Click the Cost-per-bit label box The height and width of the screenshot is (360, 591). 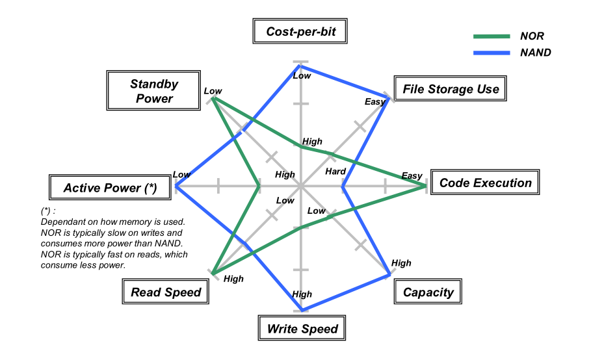coord(301,31)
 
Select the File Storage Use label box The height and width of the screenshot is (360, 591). coord(451,89)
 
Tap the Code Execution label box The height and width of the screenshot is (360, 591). coord(485,183)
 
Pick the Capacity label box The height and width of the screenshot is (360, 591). coord(428,292)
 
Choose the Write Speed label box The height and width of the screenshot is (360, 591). coord(302,328)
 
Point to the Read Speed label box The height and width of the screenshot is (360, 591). coord(166,292)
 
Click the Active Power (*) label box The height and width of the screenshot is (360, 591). coord(110,188)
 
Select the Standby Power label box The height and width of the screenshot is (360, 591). coord(154,91)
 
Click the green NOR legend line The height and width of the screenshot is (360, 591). coord(491,36)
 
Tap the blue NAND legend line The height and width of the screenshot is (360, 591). coord(491,53)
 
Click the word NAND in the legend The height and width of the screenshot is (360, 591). coord(535,53)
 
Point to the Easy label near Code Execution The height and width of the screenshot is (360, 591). coord(412,176)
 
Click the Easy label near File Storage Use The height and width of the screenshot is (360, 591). coord(375,101)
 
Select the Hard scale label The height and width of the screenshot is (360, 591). coord(335,172)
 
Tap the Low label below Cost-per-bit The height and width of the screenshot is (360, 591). coord(302,76)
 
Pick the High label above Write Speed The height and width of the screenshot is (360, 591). coord(302,294)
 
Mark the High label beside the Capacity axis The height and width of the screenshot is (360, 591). coord(401,263)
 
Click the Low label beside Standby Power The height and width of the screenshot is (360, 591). coord(213,91)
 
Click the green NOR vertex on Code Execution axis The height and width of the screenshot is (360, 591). coord(426,186)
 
